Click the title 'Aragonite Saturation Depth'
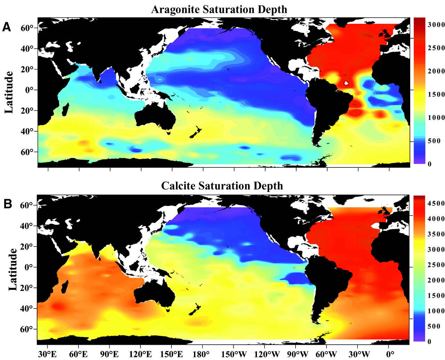click(x=219, y=9)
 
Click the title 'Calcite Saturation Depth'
click(x=222, y=186)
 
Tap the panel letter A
click(x=7, y=27)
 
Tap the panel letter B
click(x=7, y=204)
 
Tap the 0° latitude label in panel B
click(x=28, y=267)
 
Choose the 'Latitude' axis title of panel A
click(x=9, y=92)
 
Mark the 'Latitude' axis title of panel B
click(x=13, y=270)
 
